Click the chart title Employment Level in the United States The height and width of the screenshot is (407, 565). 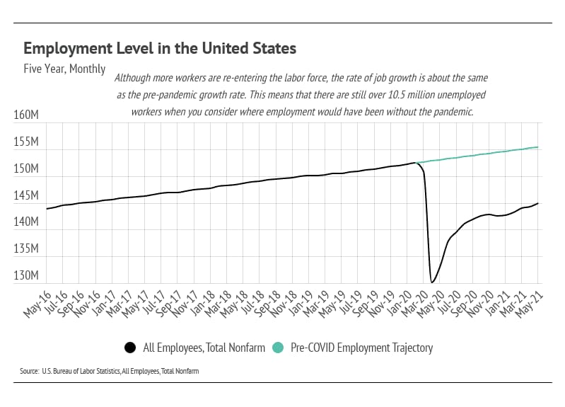coord(159,49)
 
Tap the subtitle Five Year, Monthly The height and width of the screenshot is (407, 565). coord(64,69)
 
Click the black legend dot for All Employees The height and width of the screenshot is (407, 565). coord(130,348)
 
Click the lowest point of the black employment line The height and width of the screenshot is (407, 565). coord(431,282)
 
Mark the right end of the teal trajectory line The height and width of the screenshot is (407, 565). coord(538,147)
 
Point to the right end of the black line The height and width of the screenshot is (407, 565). coord(538,203)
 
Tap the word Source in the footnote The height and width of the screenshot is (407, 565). coord(29,371)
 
